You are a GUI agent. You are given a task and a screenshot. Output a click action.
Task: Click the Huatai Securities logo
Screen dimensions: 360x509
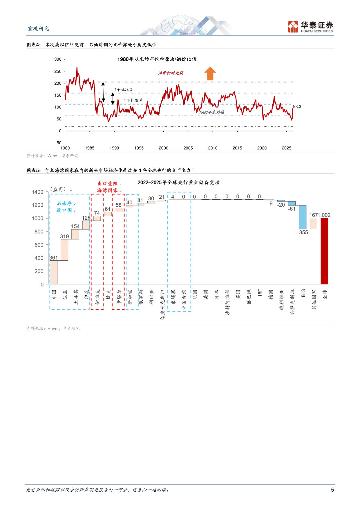tap(310, 27)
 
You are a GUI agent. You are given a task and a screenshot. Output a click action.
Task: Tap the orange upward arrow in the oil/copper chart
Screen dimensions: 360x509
tap(210, 73)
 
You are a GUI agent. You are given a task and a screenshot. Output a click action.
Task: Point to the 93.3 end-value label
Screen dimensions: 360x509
tap(297, 107)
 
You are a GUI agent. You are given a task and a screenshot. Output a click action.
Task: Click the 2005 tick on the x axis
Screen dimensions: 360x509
tap(188, 148)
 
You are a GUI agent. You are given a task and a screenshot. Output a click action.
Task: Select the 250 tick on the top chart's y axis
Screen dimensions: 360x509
tap(58, 71)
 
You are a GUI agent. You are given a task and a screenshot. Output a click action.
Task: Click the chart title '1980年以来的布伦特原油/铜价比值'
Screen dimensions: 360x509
tap(157, 59)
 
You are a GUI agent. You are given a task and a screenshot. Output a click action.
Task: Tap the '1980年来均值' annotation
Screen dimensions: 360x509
tap(211, 112)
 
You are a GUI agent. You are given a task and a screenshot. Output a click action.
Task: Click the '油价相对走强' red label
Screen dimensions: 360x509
tap(171, 73)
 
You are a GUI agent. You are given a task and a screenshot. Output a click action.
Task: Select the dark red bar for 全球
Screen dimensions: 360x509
tap(324, 251)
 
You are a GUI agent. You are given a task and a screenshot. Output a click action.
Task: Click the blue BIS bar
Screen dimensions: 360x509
tap(303, 217)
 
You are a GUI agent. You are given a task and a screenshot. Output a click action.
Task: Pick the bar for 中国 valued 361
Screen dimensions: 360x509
tap(54, 272)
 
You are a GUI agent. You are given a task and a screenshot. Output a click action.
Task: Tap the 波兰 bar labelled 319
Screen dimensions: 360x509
tap(64, 250)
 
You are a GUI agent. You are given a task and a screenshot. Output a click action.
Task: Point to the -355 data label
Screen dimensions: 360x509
tap(303, 232)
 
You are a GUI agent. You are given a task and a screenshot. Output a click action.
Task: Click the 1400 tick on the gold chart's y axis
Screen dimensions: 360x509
tap(37, 192)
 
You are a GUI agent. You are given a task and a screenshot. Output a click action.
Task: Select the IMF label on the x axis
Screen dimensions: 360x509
tap(260, 293)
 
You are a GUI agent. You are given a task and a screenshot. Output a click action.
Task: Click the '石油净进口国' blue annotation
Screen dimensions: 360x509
tap(64, 207)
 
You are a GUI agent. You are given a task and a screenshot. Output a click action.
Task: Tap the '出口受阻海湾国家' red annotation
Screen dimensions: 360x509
tap(108, 187)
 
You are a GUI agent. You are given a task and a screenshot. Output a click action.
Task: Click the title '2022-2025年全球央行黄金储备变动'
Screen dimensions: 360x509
tap(178, 183)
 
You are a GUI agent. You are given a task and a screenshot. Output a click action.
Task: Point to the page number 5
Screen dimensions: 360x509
tap(332, 490)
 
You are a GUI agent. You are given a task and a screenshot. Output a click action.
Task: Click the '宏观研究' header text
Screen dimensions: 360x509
tap(38, 28)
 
